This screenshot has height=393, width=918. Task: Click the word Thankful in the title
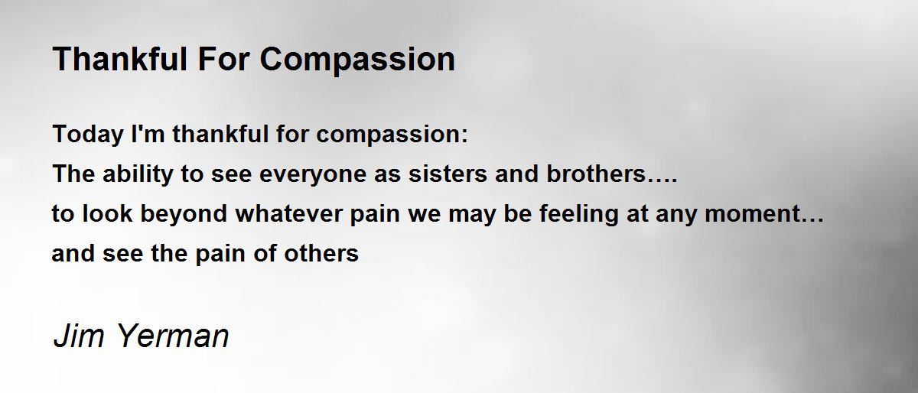point(119,59)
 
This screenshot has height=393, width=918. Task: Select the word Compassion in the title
point(357,60)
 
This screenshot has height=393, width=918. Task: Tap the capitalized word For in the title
point(223,59)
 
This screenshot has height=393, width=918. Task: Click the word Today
point(88,135)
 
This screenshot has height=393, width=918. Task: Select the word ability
point(138,174)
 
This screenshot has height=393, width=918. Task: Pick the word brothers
point(596,173)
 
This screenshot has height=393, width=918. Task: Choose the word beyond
point(184,214)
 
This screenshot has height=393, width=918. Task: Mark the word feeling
point(578,214)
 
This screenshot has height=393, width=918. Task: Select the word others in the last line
point(321,253)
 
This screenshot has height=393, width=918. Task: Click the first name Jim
point(78,336)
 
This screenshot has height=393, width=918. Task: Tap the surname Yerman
point(173,336)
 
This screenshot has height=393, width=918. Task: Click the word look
point(107,213)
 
